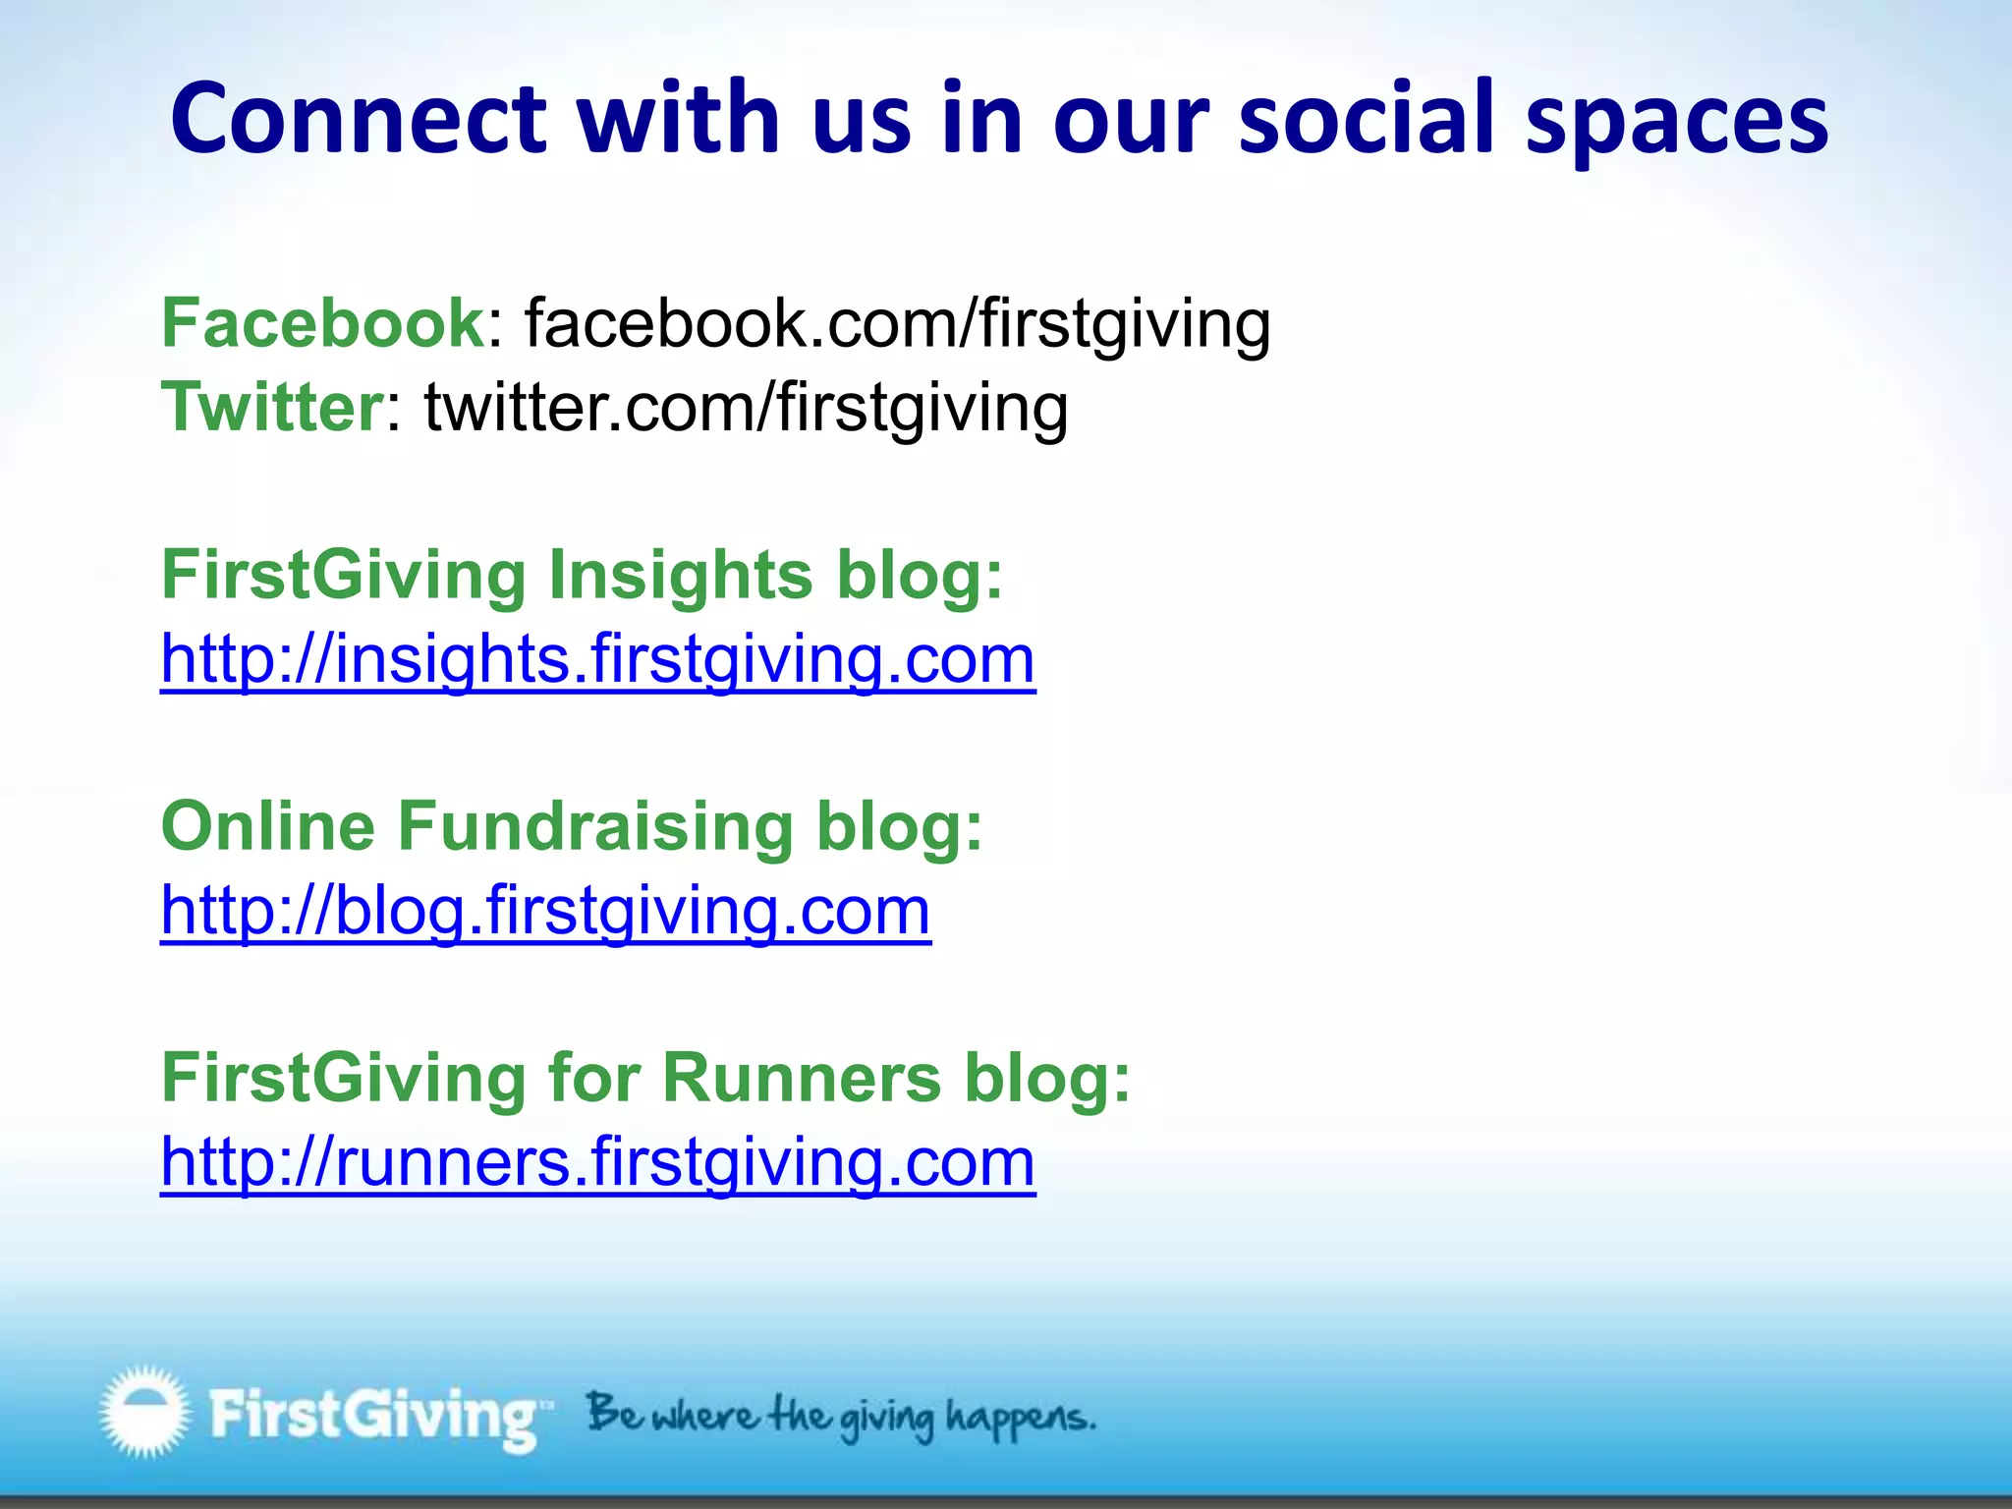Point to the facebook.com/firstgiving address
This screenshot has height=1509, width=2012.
pos(897,324)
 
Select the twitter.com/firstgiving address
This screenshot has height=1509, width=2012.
pos(746,409)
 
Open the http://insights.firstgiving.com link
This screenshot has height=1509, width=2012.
pos(597,659)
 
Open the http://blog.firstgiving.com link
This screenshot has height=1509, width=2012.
pos(545,911)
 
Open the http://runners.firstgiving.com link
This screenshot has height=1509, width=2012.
pos(597,1162)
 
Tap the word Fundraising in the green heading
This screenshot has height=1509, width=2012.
pos(594,826)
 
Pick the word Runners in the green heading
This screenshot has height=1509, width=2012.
pos(802,1078)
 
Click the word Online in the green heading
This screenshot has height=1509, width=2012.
pos(267,826)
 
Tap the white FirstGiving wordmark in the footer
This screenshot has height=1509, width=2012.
pos(373,1416)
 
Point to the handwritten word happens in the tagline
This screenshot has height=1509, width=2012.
pos(1019,1419)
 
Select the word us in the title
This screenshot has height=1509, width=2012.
pos(862,119)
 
